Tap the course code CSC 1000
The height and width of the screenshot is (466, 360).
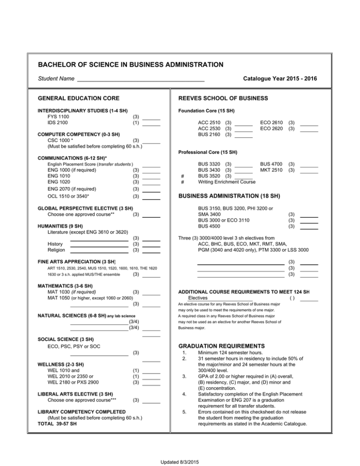click(60, 140)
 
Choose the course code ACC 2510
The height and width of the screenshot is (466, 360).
click(210, 123)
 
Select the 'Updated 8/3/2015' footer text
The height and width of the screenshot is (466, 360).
click(180, 462)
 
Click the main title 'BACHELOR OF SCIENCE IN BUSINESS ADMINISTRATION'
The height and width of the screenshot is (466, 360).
click(131, 64)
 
